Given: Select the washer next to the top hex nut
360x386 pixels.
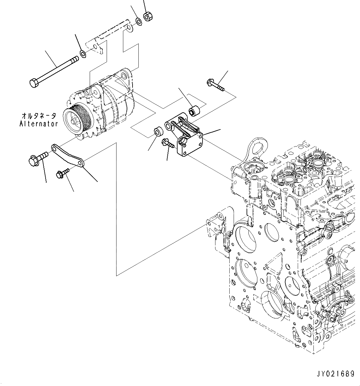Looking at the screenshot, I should [x=139, y=21].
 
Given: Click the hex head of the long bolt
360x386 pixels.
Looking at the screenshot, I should [x=34, y=83].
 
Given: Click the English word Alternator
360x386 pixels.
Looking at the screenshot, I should [x=39, y=124].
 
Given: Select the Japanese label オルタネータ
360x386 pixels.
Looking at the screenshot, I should [x=39, y=116].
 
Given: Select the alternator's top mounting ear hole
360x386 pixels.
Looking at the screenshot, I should [x=124, y=76].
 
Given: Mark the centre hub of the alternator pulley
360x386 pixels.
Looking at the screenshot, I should [x=74, y=121].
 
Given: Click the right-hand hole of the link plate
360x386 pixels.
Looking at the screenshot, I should [x=80, y=163].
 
